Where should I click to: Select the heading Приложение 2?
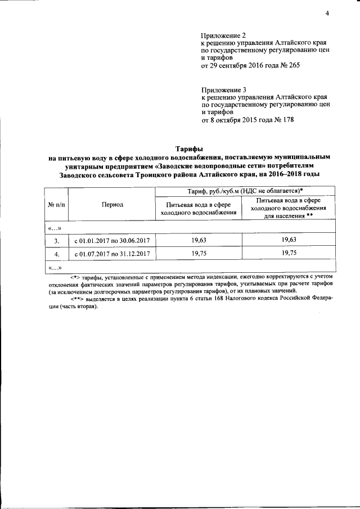[x=223, y=35]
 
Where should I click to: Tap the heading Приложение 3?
[x=223, y=89]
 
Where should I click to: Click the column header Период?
[x=112, y=205]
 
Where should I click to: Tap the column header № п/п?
[x=56, y=205]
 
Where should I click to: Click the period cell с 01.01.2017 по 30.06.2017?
[x=112, y=241]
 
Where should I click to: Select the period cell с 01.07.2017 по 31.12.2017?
[x=112, y=254]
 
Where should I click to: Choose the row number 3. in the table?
[x=56, y=241]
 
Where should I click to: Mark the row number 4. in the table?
[x=56, y=254]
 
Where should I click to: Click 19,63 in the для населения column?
[x=288, y=240]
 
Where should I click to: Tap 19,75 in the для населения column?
[x=288, y=254]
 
